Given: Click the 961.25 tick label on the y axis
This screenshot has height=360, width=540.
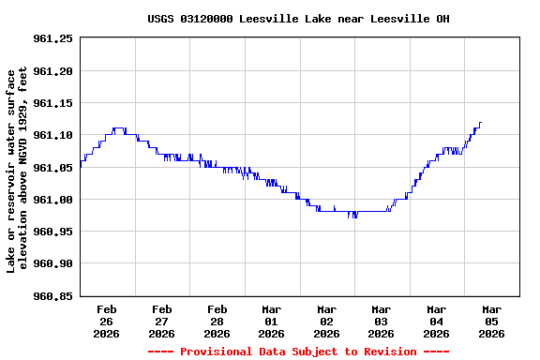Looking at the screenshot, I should (x=52, y=38).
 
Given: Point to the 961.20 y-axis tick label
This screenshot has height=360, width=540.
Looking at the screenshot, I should (x=52, y=71).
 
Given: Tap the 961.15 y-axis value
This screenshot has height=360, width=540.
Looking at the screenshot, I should (x=52, y=103).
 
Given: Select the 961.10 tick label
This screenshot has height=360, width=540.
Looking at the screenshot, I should (x=52, y=135).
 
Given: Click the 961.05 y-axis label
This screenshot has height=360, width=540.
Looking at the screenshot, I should (x=52, y=168).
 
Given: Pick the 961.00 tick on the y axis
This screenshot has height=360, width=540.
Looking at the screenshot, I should (x=52, y=200).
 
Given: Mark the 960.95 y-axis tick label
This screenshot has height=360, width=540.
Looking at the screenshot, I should (x=52, y=232).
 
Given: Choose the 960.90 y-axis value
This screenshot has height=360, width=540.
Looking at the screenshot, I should (x=52, y=264).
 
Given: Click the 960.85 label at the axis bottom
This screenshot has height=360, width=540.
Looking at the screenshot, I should (x=52, y=296).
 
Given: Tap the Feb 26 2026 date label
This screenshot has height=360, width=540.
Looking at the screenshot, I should (x=107, y=321).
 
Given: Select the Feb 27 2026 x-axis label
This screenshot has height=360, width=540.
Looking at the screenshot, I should (x=162, y=321).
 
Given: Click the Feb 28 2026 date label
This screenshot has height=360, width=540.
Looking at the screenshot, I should (x=217, y=321).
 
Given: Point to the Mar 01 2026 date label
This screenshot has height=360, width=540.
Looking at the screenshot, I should (x=272, y=321).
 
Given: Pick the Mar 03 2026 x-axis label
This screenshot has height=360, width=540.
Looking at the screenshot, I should (x=382, y=321).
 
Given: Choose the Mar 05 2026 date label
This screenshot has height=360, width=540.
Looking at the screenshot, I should (x=491, y=321).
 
